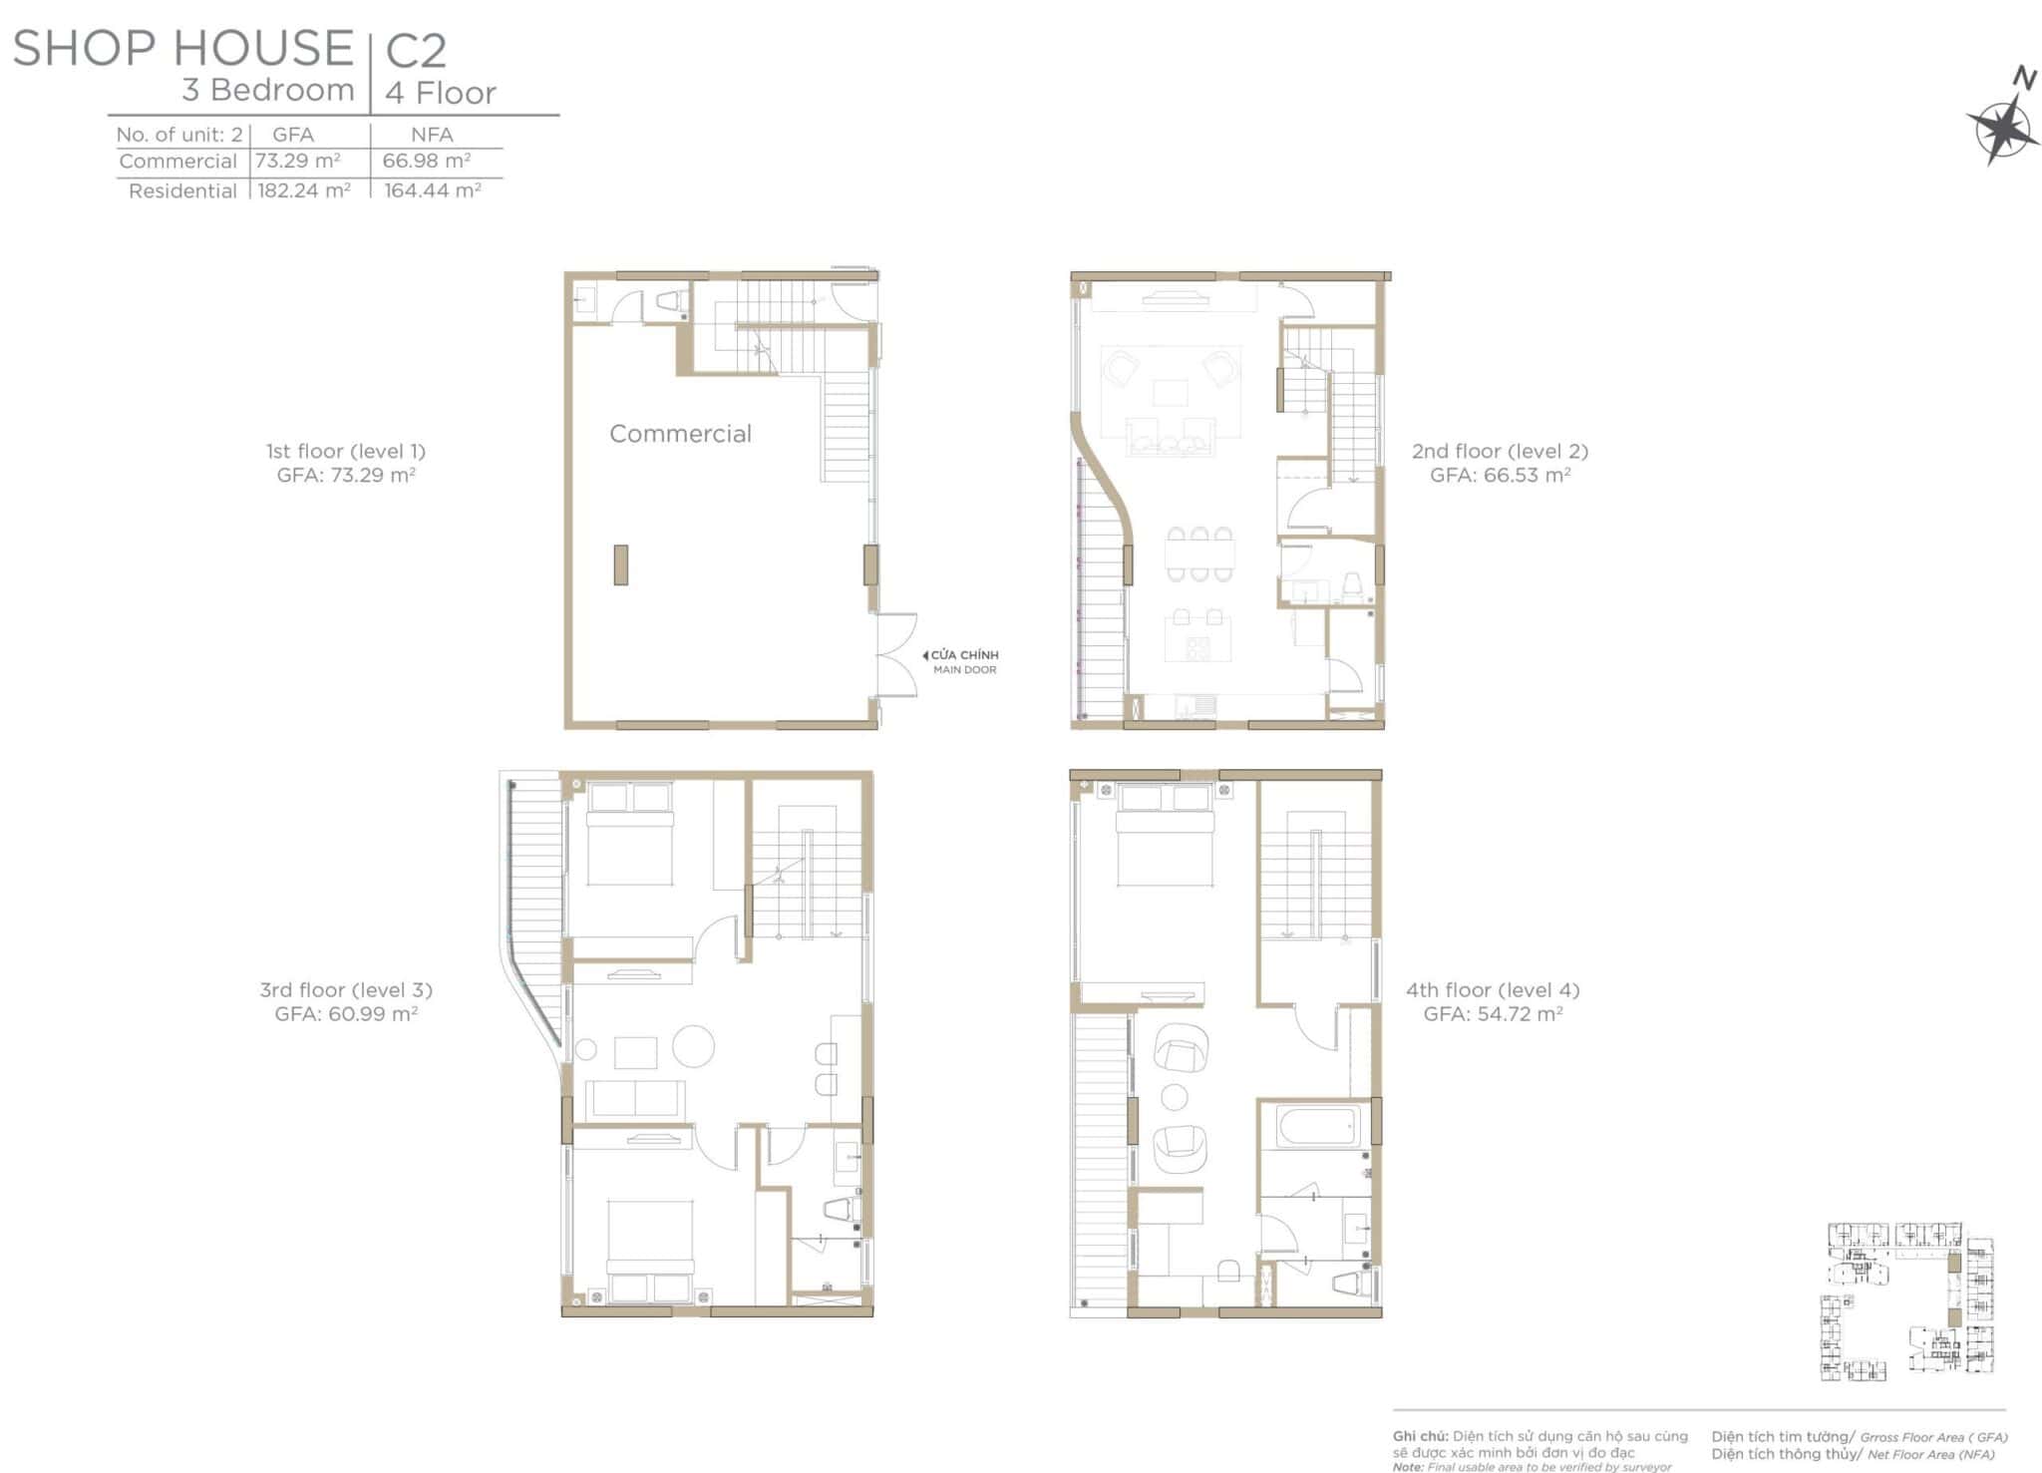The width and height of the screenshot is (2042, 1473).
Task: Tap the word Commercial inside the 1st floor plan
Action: point(680,434)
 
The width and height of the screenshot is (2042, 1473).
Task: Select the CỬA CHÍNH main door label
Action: point(964,655)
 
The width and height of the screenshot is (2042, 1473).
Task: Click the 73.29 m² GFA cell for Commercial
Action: point(297,161)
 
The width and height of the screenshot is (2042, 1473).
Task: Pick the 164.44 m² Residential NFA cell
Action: point(433,189)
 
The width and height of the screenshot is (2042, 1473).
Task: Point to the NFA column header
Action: point(432,135)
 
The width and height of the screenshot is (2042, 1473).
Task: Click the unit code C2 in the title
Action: point(416,51)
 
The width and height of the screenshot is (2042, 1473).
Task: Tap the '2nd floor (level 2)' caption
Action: point(1500,451)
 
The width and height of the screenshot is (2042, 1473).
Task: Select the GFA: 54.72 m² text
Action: point(1493,1014)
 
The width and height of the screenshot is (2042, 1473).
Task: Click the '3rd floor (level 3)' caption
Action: point(346,990)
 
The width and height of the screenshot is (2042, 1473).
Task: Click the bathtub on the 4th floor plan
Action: point(1317,1126)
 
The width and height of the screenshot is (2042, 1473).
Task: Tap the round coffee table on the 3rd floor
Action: point(693,1045)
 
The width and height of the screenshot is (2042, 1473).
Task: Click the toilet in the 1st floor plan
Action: point(669,300)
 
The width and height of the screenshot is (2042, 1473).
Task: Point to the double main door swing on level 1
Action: point(896,655)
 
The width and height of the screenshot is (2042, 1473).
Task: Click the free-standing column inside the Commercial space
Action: point(620,564)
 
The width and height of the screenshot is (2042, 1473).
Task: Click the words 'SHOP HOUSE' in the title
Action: point(183,48)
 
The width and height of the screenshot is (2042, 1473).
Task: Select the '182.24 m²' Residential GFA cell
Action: point(304,189)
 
